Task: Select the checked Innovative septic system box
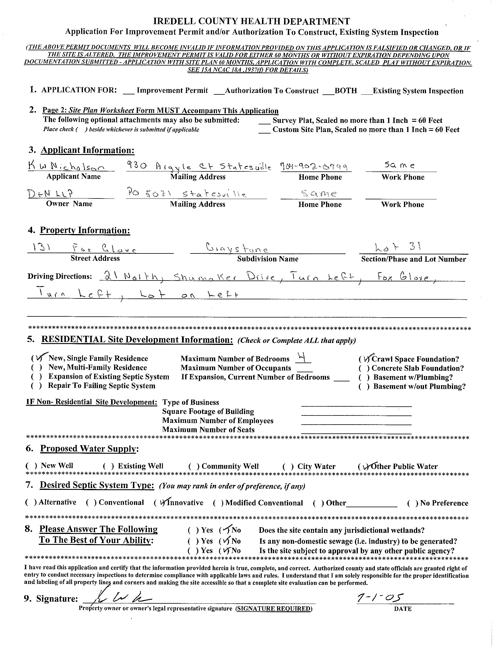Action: coord(161,503)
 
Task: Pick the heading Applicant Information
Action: coord(88,150)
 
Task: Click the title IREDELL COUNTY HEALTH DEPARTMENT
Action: coord(251,21)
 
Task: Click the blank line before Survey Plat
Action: coord(264,121)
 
